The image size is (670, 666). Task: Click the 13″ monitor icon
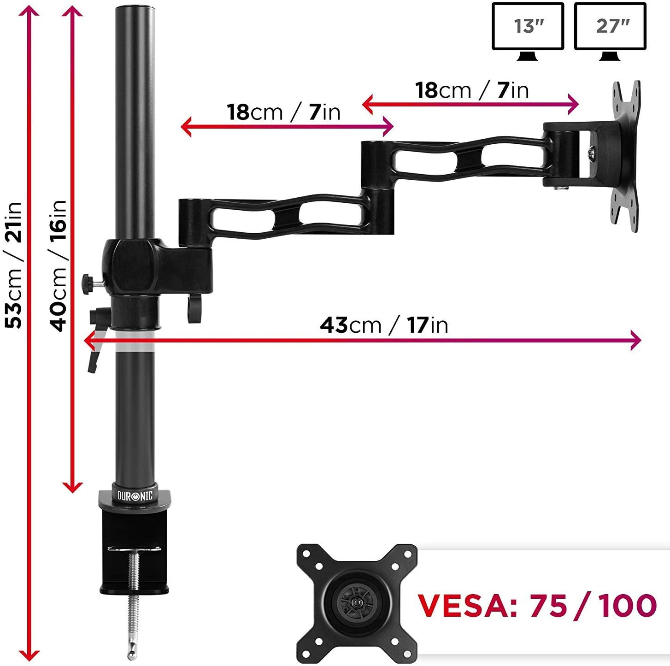point(528,32)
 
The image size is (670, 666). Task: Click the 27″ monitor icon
point(610,32)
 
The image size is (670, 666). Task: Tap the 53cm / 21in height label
point(13,265)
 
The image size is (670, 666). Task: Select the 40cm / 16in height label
point(58,266)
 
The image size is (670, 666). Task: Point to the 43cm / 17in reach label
point(384,325)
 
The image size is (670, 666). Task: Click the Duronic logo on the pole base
point(135,495)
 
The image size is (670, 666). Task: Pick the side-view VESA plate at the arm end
point(625,156)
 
